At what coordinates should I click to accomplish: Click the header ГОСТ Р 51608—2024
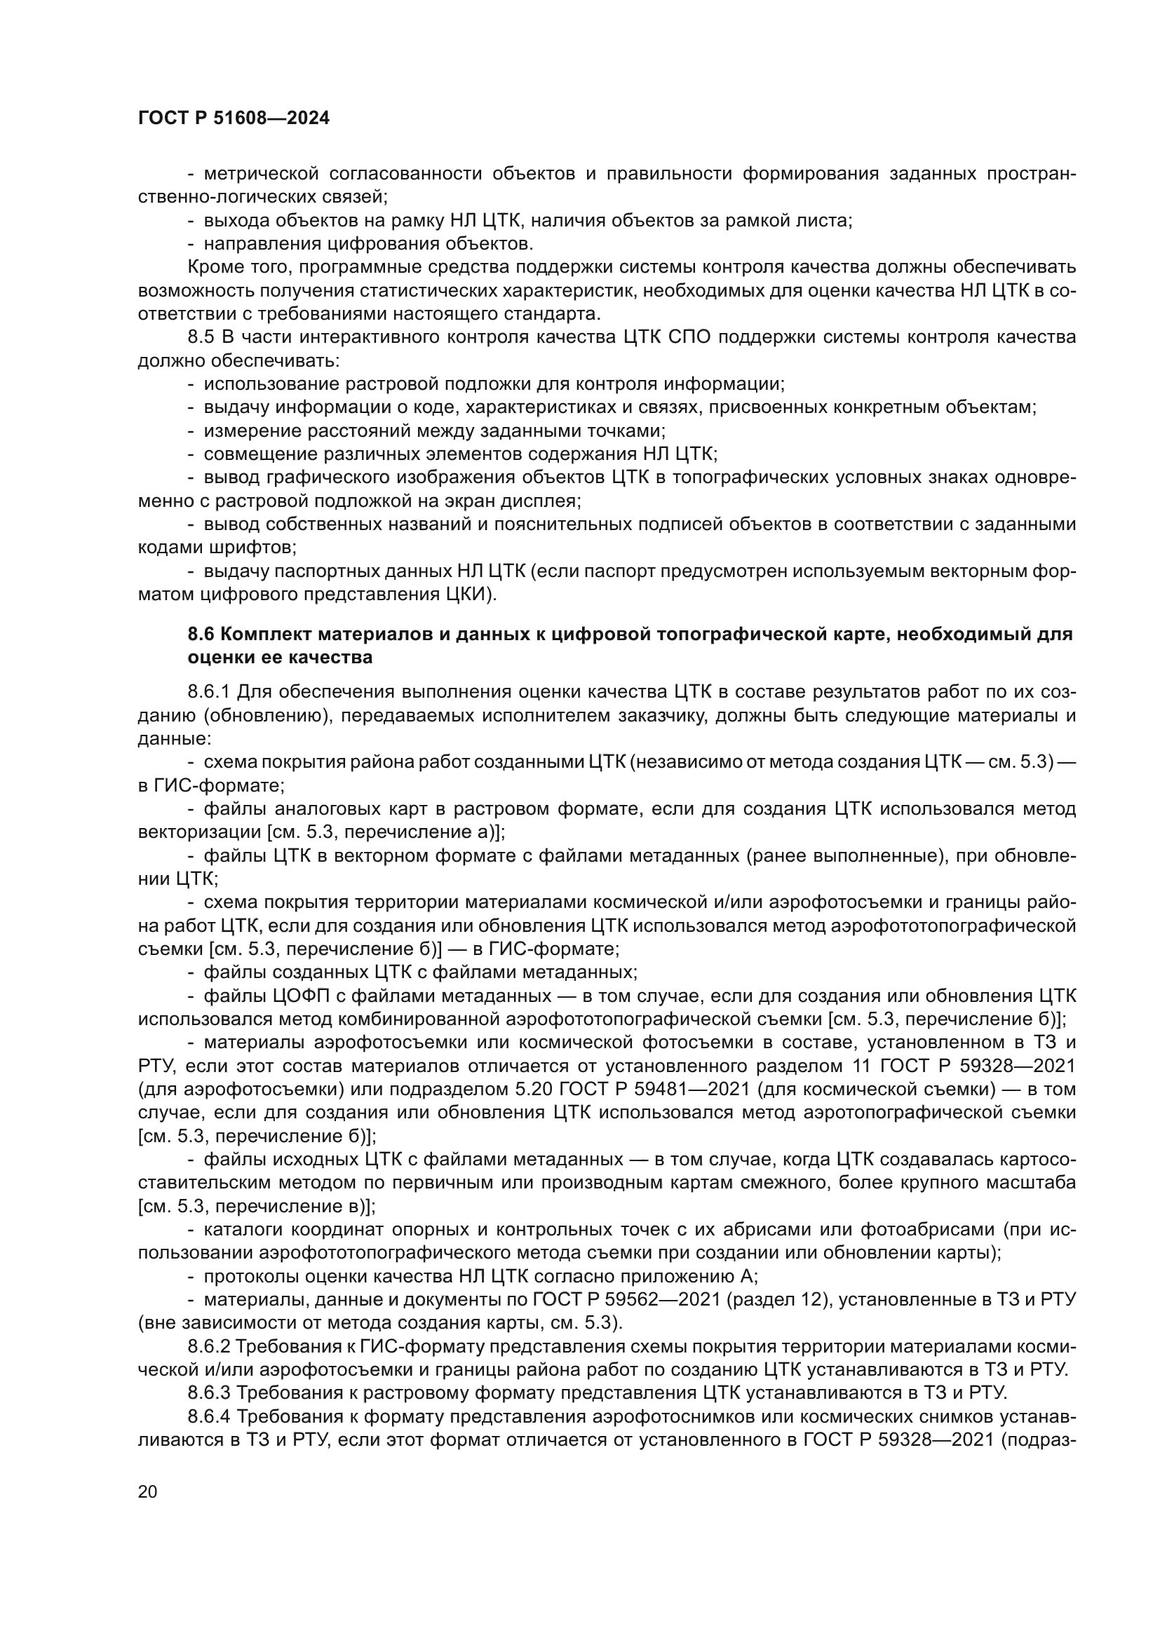click(x=234, y=118)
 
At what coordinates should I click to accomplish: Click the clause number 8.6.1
click(x=208, y=692)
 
